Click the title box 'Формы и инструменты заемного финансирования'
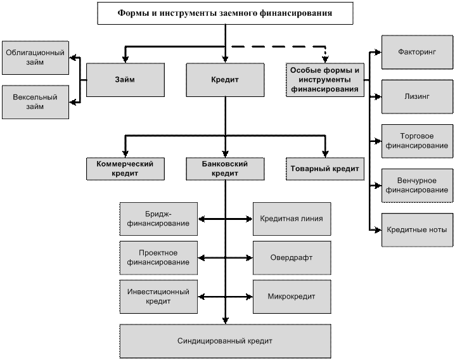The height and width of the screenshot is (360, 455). [225, 13]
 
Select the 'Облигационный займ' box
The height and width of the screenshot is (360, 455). [35, 58]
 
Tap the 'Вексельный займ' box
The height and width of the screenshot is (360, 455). [35, 102]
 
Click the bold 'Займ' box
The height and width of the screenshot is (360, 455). [125, 80]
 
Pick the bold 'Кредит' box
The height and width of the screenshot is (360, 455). [225, 80]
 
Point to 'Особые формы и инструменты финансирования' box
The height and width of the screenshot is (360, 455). [324, 80]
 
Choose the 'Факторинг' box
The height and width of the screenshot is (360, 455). [417, 52]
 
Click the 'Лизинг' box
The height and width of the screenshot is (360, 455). [417, 96]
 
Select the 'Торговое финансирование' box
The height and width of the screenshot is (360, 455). [417, 141]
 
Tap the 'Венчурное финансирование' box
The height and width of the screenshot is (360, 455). [417, 185]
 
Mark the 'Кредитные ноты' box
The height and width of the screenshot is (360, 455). [417, 229]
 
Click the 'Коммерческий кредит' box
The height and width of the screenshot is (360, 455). [125, 169]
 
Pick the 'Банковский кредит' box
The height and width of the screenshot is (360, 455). [225, 169]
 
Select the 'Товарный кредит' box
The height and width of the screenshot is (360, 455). [324, 169]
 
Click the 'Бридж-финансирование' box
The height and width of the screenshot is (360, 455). [158, 219]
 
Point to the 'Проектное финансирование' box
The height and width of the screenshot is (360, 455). [158, 257]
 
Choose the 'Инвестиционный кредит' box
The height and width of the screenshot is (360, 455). [158, 296]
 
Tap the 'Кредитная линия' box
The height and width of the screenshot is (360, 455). [292, 219]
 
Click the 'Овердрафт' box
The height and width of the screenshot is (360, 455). [292, 257]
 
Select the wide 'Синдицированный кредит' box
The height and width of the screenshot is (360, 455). [225, 341]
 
